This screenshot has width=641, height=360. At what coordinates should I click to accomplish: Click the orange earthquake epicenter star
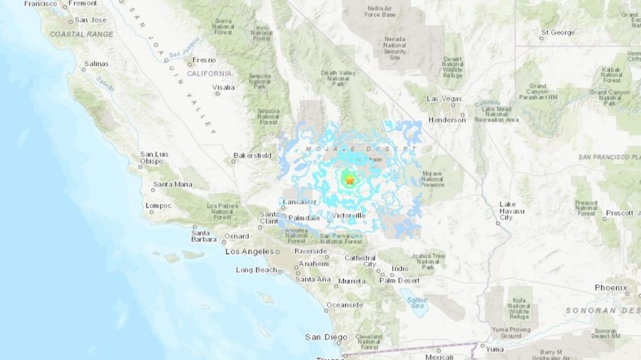click(349, 180)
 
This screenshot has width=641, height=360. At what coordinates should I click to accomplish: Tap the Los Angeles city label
click(249, 252)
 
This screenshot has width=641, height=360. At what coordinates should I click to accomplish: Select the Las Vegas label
click(444, 99)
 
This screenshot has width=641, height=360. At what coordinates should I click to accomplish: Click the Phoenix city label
click(611, 287)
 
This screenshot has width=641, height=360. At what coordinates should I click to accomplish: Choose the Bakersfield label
click(252, 155)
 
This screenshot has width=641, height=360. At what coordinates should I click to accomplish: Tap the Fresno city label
click(204, 60)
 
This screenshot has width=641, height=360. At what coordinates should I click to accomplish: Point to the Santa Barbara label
click(205, 236)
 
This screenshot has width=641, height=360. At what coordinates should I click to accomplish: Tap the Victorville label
click(349, 215)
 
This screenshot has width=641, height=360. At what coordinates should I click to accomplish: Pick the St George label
click(557, 32)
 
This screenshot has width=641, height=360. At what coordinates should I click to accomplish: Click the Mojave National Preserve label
click(433, 179)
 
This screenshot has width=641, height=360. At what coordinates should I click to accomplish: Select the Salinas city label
click(96, 64)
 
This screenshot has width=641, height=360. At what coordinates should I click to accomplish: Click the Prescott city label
click(620, 213)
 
